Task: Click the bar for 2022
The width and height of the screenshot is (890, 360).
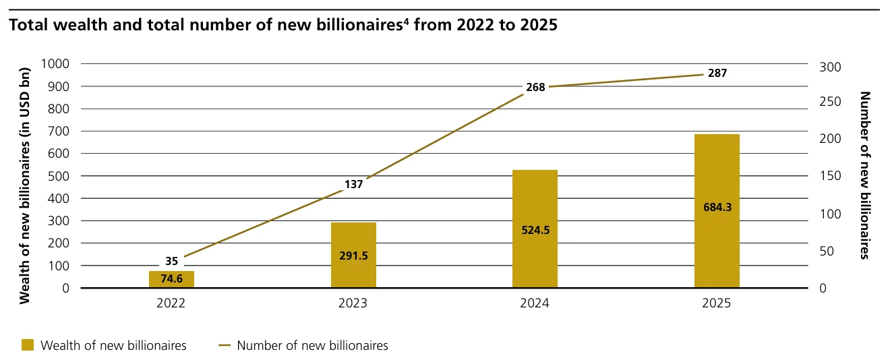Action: tap(171, 279)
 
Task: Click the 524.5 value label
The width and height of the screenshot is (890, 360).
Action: tap(535, 229)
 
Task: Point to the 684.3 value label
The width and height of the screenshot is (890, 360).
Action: tap(717, 206)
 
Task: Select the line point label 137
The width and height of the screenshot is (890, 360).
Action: tap(353, 184)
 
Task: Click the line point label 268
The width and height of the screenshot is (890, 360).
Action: tap(535, 86)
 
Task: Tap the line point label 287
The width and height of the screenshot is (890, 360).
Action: tap(717, 73)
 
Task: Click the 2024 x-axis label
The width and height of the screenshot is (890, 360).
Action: tap(535, 304)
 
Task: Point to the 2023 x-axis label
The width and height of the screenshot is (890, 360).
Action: tap(353, 304)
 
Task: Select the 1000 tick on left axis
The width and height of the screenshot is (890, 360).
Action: tap(56, 64)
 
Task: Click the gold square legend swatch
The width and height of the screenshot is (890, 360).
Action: tap(27, 345)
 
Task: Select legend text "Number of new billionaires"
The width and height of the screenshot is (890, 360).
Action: tap(312, 345)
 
